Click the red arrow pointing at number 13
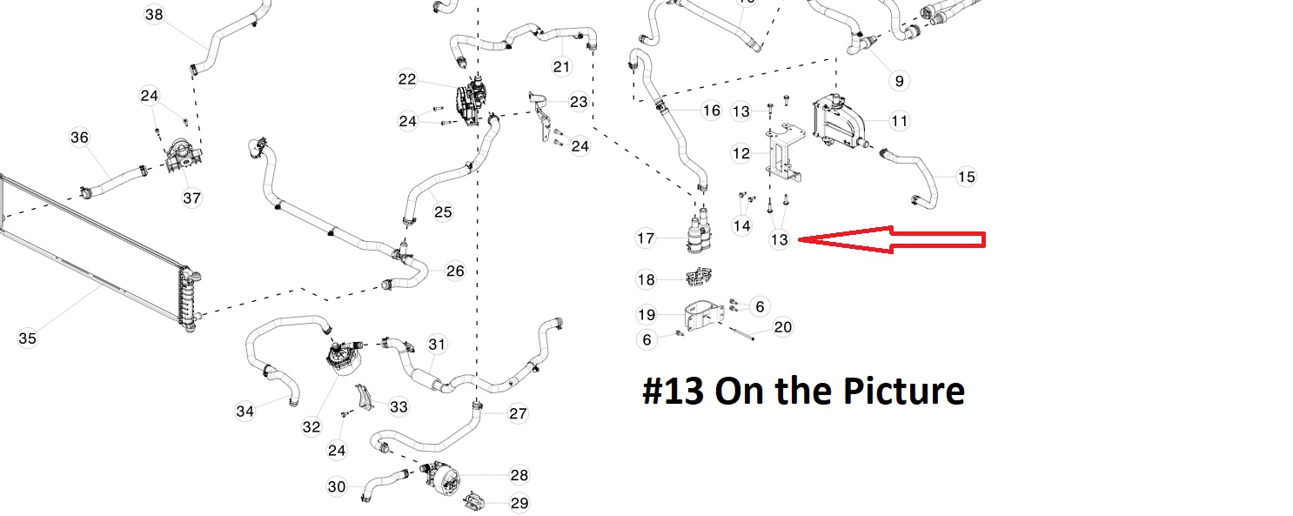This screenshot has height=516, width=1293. [x=892, y=239]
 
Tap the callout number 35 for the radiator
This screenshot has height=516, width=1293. [x=27, y=338]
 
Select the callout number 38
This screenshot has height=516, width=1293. [x=153, y=15]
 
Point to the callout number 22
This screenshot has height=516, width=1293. [x=407, y=79]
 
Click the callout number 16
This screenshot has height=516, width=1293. [x=711, y=111]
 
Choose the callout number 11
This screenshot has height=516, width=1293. [x=900, y=121]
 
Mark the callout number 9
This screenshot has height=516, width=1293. [x=899, y=81]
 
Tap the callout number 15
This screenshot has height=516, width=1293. [x=966, y=177]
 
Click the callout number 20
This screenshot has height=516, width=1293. [x=782, y=327]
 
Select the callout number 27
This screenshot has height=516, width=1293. [x=518, y=414]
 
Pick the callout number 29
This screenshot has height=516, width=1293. [x=519, y=503]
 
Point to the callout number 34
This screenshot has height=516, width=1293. [x=245, y=412]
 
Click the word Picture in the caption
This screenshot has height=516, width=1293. [x=903, y=392]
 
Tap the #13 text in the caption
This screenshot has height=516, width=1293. [x=673, y=392]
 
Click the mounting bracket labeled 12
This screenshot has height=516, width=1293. [x=785, y=153]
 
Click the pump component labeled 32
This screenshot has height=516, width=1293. [x=344, y=357]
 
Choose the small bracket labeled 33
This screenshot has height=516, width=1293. [x=364, y=397]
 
